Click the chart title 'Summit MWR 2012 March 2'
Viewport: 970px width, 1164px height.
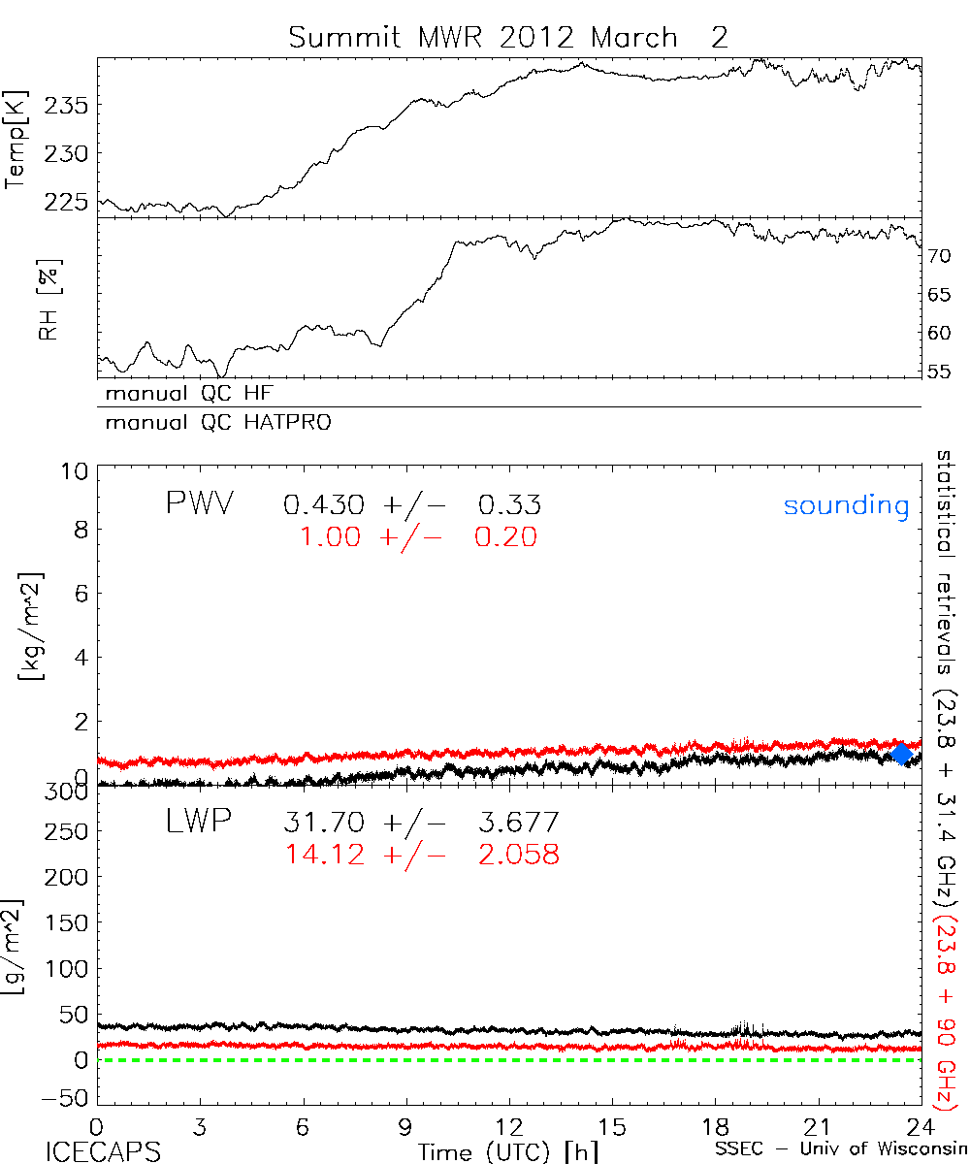(x=507, y=38)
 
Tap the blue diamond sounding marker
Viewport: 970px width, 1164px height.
(x=902, y=754)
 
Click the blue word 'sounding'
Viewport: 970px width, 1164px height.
(x=846, y=505)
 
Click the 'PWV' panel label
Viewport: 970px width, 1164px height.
(x=199, y=503)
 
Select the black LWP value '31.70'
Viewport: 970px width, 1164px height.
(x=324, y=824)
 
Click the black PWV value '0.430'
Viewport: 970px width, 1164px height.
(x=324, y=505)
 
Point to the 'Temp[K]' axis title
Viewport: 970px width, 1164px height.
(x=16, y=141)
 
